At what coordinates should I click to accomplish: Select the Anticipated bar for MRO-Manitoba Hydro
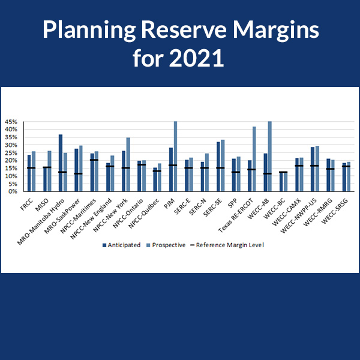click(61, 163)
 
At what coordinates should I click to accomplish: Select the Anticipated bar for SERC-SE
click(218, 166)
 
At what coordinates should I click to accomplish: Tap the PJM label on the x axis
click(173, 200)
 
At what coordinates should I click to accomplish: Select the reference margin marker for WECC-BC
click(283, 172)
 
